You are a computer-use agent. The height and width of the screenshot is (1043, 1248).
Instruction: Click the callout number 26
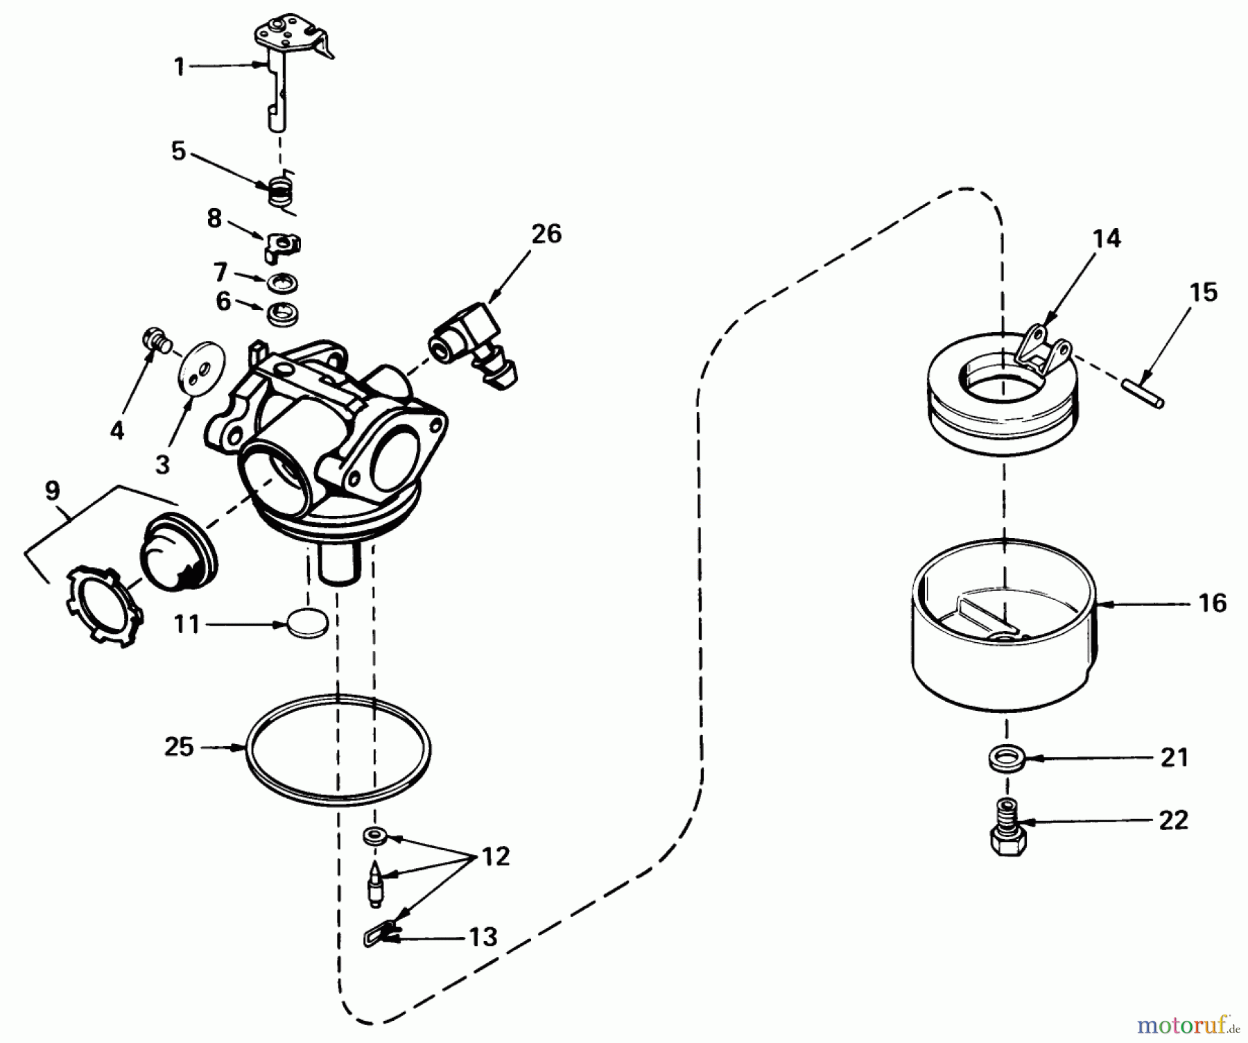546,234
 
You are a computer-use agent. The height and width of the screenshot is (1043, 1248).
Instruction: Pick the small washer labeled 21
1004,757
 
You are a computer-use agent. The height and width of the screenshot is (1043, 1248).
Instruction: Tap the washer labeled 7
281,282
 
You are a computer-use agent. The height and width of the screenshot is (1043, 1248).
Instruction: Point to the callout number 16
1212,603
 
